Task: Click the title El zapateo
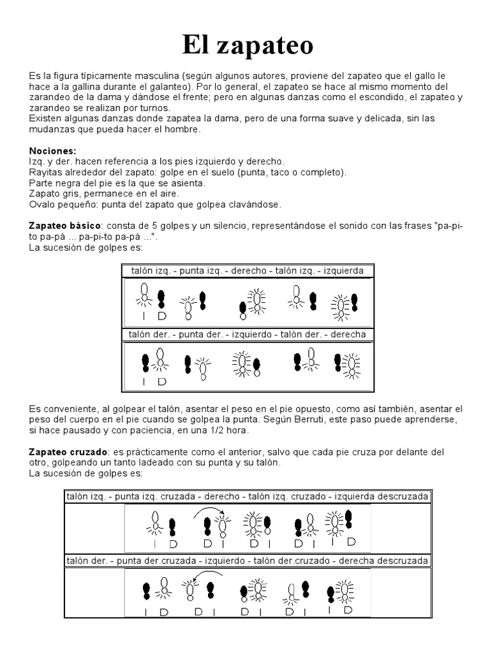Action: pos(248,45)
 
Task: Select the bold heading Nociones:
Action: pos(52,150)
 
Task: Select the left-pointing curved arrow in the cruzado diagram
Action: pos(200,576)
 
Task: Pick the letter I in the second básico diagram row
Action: pos(145,381)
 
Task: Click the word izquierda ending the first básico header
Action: pos(344,270)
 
